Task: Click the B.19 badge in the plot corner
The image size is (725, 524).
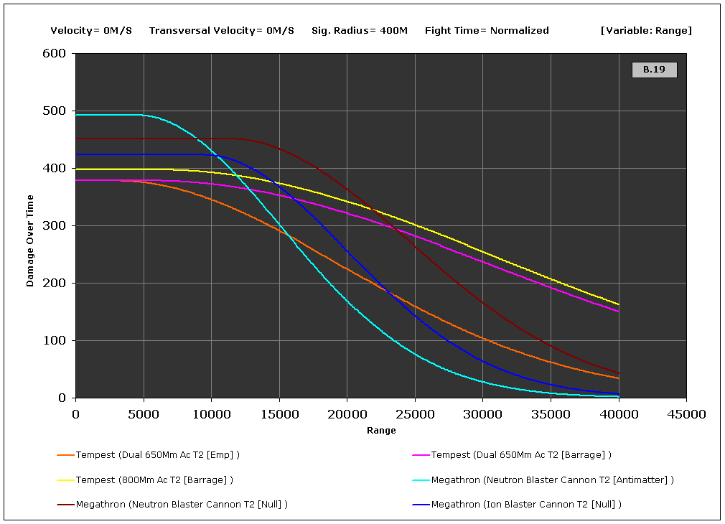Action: point(654,70)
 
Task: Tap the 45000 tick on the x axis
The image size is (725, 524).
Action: point(686,413)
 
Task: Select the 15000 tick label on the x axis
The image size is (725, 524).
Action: point(279,413)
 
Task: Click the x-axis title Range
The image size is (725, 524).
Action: point(381,431)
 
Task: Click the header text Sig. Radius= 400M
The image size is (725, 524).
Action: point(360,31)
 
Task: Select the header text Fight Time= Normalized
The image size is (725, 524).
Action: point(487,31)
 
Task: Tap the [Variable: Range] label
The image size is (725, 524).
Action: point(646,31)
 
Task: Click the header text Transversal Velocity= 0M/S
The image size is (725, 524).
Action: point(222,31)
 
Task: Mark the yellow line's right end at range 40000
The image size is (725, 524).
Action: point(618,304)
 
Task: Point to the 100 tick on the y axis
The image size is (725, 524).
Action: point(57,341)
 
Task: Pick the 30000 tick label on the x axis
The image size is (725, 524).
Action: point(482,413)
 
